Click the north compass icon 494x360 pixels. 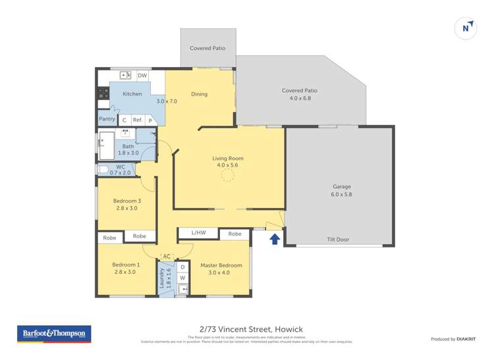click(466, 28)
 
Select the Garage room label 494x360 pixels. click(341, 187)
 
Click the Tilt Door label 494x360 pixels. click(338, 240)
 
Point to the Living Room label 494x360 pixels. click(228, 158)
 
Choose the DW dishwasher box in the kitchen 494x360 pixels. click(142, 76)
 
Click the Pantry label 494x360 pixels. click(107, 119)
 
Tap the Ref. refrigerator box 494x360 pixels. click(138, 120)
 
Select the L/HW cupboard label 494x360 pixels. click(198, 233)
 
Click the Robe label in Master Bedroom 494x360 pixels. click(234, 234)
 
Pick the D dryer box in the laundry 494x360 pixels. click(182, 267)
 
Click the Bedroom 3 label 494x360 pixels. click(125, 201)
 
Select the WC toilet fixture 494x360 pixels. click(103, 169)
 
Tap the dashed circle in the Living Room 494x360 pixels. click(228, 175)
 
